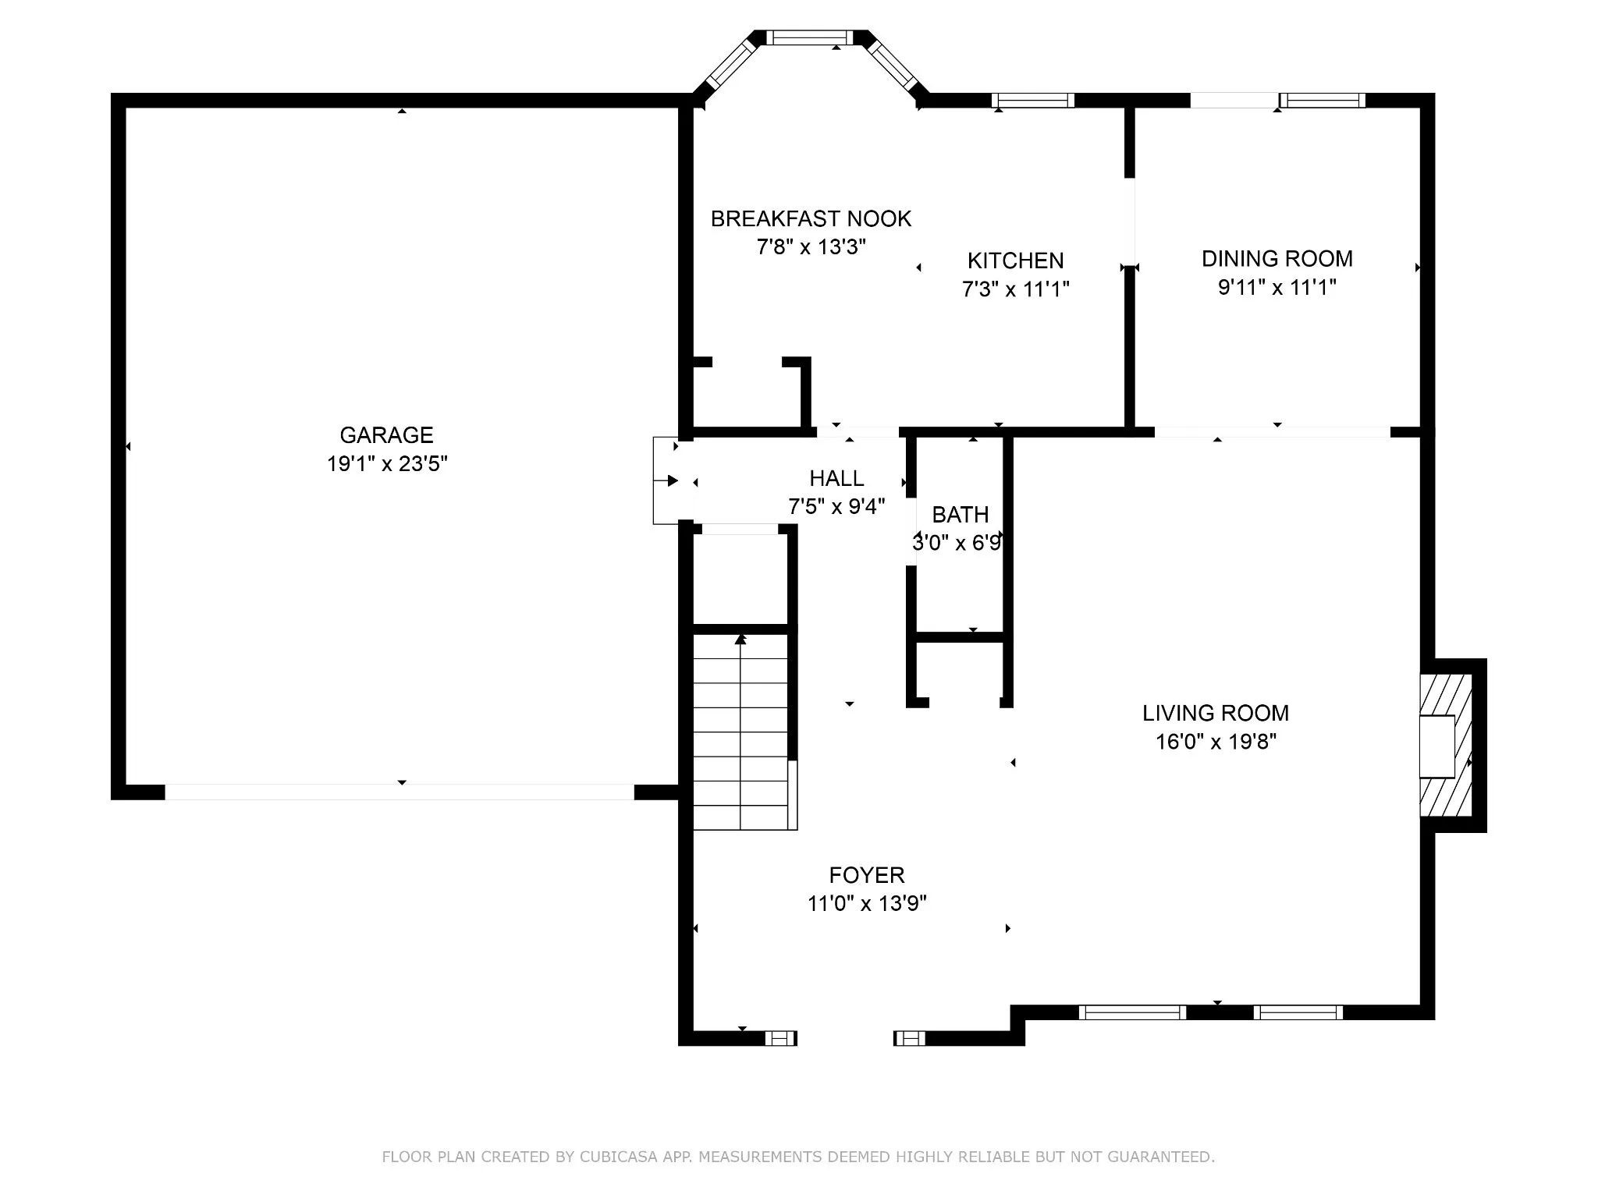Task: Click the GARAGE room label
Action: (x=386, y=434)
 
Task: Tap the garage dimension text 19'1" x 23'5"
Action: (x=387, y=464)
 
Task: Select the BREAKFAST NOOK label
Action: (x=811, y=218)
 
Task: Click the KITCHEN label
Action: (x=1015, y=261)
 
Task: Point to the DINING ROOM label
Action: (x=1277, y=258)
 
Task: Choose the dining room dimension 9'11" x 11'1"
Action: (x=1277, y=288)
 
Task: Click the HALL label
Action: (x=836, y=478)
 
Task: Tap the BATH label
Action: (x=961, y=515)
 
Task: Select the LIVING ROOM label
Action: (x=1216, y=713)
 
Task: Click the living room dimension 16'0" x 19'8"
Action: (x=1216, y=742)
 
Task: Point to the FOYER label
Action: (x=867, y=875)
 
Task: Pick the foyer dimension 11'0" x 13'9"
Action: (x=867, y=904)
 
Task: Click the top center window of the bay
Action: (x=809, y=37)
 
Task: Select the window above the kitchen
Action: (x=1033, y=100)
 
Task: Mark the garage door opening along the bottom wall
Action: (x=399, y=792)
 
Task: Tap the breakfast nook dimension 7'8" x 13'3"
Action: (x=811, y=247)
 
